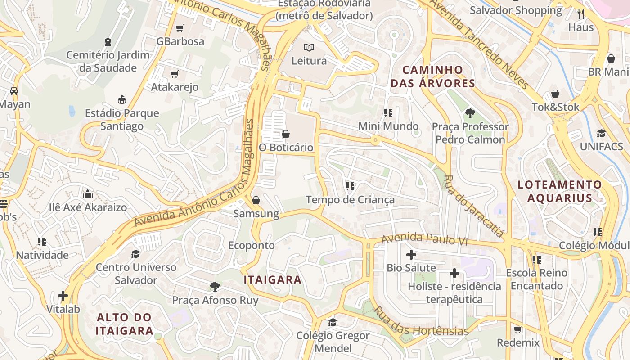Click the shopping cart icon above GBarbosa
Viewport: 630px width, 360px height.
click(x=180, y=28)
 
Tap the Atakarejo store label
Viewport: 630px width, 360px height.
click(x=175, y=87)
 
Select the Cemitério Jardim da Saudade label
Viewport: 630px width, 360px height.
click(x=108, y=62)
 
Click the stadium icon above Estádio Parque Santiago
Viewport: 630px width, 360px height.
click(x=122, y=99)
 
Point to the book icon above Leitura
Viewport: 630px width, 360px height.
click(x=309, y=47)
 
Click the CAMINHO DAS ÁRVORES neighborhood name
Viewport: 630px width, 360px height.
click(x=432, y=76)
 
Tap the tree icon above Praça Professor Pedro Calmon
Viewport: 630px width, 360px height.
click(x=470, y=113)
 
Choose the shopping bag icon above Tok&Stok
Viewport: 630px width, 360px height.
click(x=555, y=94)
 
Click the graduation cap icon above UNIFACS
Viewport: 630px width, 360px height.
click(x=601, y=133)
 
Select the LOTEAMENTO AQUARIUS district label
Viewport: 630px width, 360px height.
click(x=559, y=191)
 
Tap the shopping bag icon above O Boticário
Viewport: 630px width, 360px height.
click(x=285, y=134)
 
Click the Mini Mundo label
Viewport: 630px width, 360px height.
click(x=388, y=126)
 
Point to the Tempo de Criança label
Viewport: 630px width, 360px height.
click(x=350, y=200)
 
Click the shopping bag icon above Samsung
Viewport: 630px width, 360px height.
click(x=256, y=200)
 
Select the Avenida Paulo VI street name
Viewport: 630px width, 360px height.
click(x=424, y=239)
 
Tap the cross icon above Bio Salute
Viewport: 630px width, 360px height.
click(x=411, y=255)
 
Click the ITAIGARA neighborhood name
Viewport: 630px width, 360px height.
click(x=273, y=279)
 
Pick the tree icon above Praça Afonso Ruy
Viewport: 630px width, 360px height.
click(x=215, y=287)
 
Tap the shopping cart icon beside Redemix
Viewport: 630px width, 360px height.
click(x=518, y=329)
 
